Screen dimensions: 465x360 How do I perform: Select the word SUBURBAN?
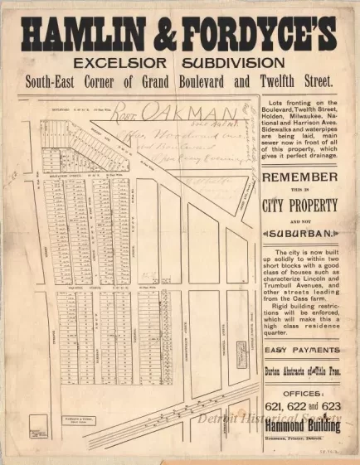coord(300,235)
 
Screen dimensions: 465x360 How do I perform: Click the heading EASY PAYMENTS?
coord(299,350)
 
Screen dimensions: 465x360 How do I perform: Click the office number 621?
coord(275,405)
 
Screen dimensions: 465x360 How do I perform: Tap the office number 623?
coord(329,405)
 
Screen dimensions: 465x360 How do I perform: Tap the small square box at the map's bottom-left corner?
coord(36,429)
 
